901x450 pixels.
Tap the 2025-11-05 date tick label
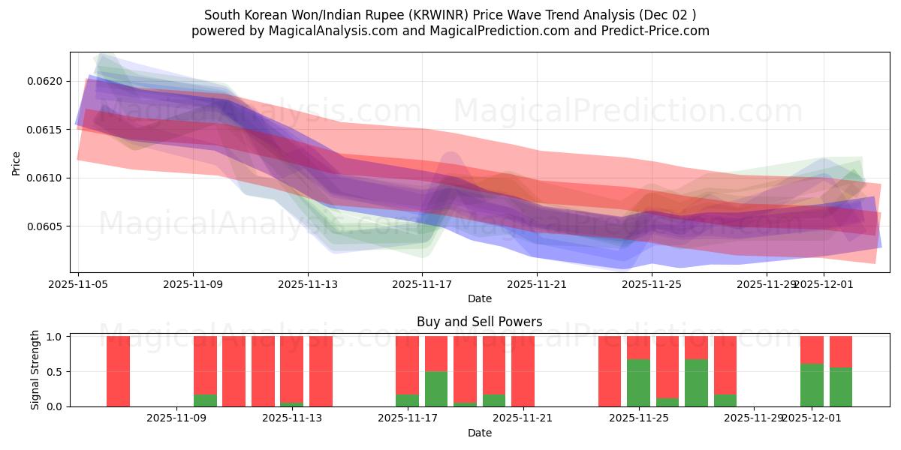79,284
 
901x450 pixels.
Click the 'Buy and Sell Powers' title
479,322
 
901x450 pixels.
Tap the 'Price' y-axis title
16,163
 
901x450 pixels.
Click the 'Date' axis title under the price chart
479,298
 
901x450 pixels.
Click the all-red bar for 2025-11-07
118,371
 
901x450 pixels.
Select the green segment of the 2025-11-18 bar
436,388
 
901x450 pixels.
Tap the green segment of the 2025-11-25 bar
638,382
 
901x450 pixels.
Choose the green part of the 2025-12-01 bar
812,385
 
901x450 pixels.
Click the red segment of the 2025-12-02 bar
841,351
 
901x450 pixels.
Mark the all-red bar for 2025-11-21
523,371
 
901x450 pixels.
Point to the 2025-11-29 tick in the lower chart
753,418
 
